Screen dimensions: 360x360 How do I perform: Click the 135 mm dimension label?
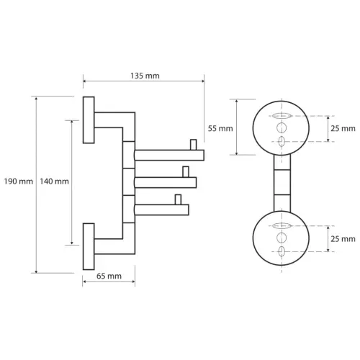(x=145, y=76)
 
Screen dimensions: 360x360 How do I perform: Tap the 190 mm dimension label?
(x=19, y=181)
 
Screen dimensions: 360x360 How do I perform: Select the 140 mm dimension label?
(x=54, y=181)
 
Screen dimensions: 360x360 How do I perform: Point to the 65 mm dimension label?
(x=109, y=276)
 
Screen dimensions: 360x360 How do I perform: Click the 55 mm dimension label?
(x=220, y=129)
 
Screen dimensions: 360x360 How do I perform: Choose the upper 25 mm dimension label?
(x=343, y=129)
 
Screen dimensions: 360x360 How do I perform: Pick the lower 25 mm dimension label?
(x=343, y=239)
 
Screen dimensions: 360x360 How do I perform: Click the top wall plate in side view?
(x=89, y=120)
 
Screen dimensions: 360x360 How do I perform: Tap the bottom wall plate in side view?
(x=89, y=246)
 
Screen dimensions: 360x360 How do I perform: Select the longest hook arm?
(x=169, y=155)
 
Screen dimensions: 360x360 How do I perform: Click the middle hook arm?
(x=166, y=182)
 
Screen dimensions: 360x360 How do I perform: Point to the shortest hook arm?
(x=161, y=210)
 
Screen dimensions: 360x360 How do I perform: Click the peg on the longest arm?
(x=194, y=145)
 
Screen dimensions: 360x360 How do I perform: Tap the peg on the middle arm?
(x=186, y=172)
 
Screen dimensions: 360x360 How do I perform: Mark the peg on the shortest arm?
(x=178, y=199)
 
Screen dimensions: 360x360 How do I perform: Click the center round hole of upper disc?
(x=282, y=127)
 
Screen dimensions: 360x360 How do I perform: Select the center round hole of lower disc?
(x=282, y=238)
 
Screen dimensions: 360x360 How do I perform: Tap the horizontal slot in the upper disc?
(x=282, y=116)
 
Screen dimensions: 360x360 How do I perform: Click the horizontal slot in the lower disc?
(x=282, y=225)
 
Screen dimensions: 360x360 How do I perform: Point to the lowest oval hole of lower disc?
(x=282, y=251)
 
